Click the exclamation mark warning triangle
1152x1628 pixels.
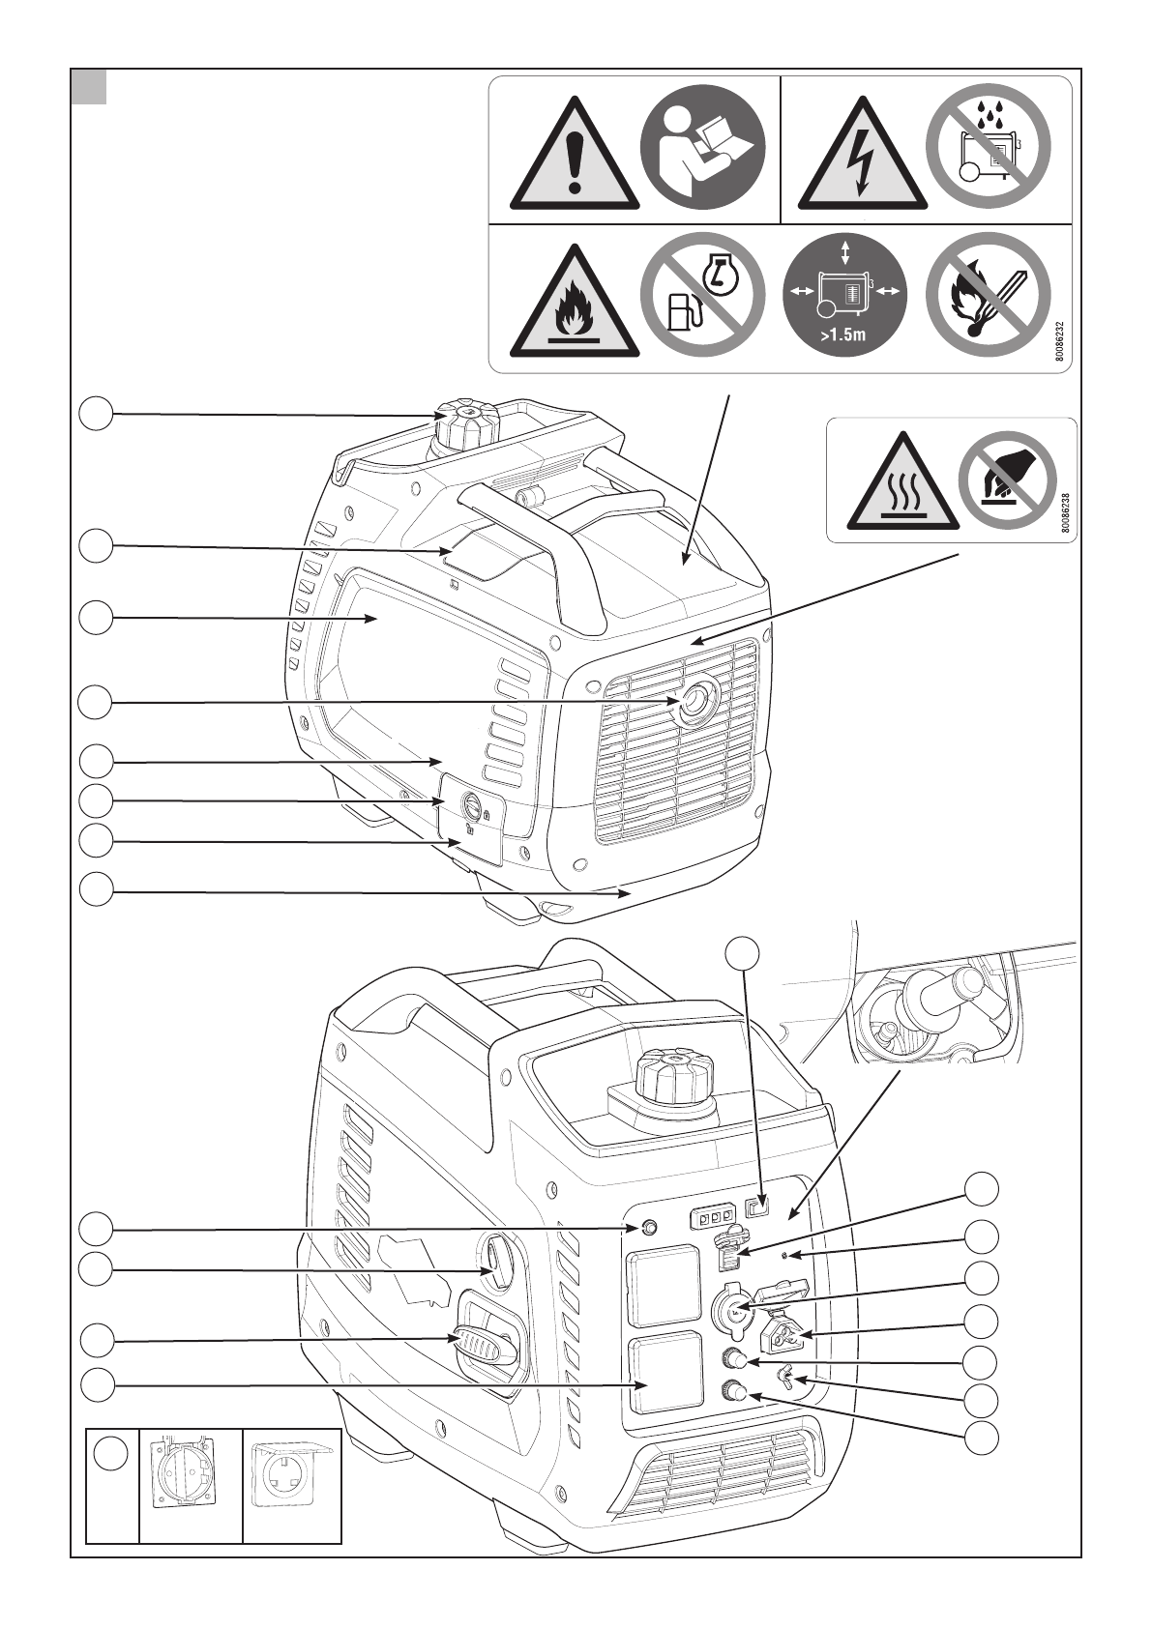(575, 160)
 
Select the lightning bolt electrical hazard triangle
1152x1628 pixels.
(862, 160)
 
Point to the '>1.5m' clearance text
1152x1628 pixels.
(844, 337)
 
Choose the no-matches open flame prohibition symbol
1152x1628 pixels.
(987, 295)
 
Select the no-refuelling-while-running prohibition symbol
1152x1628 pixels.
(703, 295)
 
